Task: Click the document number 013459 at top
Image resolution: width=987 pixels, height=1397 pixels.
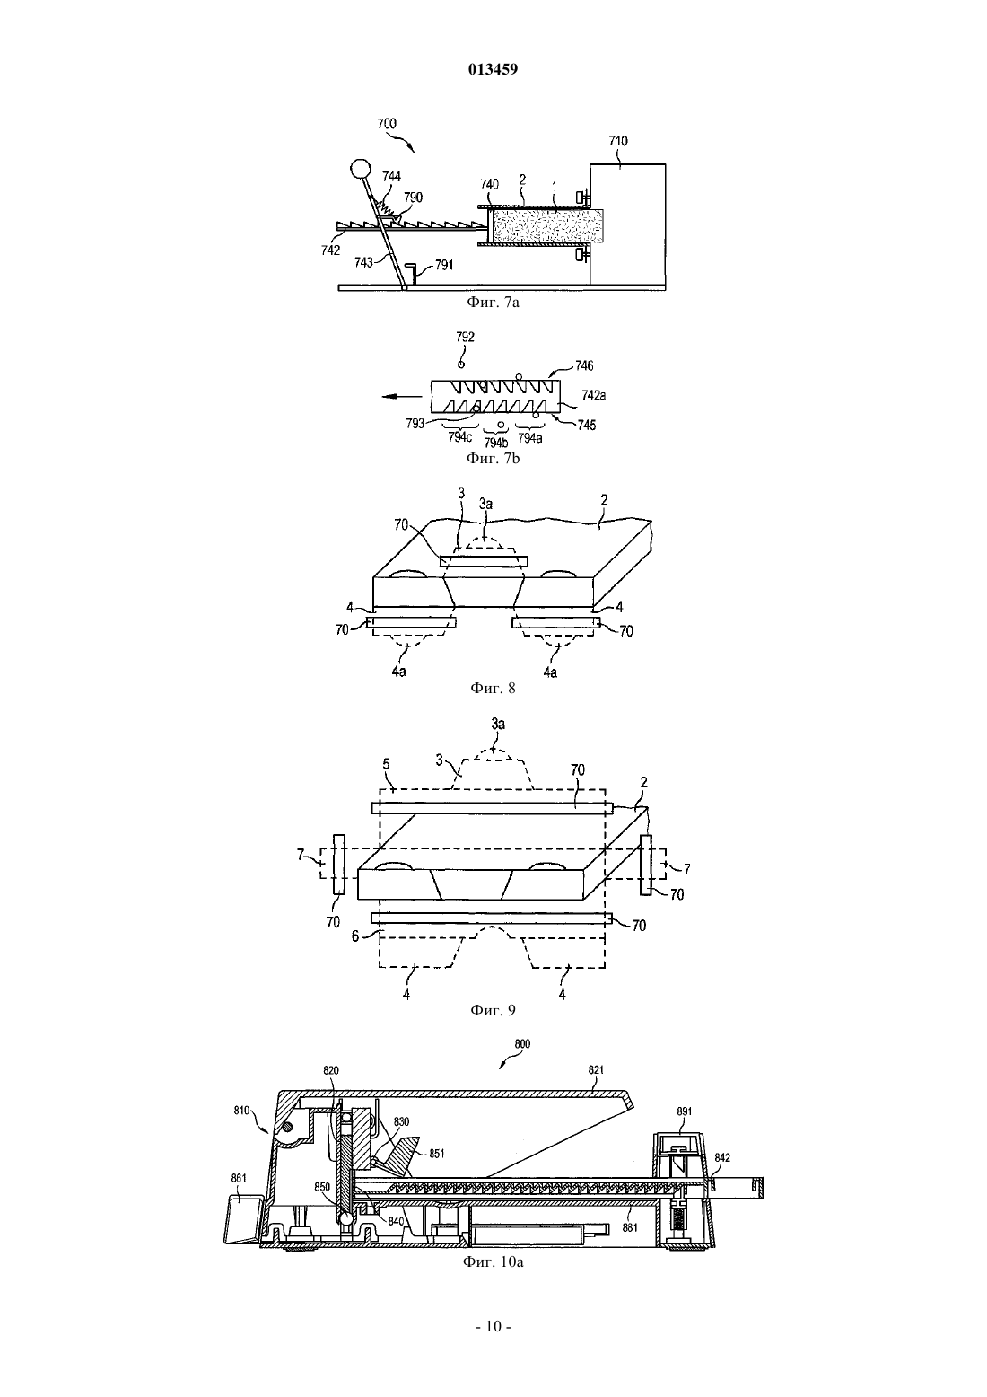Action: coord(493,69)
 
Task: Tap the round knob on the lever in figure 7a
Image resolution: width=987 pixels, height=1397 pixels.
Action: coord(360,168)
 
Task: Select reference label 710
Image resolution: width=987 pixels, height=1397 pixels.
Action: coord(618,141)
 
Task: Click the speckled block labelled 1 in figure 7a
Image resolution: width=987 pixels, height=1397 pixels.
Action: coord(546,225)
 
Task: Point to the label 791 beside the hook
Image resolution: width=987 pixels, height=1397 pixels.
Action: coord(443,265)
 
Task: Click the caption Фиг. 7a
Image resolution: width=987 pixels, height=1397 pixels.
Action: coord(493,303)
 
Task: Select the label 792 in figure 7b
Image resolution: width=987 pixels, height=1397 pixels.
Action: coord(465,337)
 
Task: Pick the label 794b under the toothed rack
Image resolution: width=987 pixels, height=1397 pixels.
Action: coord(495,443)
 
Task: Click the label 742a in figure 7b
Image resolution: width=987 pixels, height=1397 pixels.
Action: coord(593,395)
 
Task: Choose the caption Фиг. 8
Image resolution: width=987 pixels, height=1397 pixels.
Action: coord(493,688)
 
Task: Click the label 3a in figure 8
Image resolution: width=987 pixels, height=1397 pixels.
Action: coord(485,504)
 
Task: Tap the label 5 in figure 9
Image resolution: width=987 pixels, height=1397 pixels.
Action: coord(387,763)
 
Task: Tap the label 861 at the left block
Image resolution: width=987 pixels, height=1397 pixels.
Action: coord(239,1178)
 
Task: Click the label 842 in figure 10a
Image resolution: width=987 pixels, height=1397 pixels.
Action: coord(722,1157)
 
